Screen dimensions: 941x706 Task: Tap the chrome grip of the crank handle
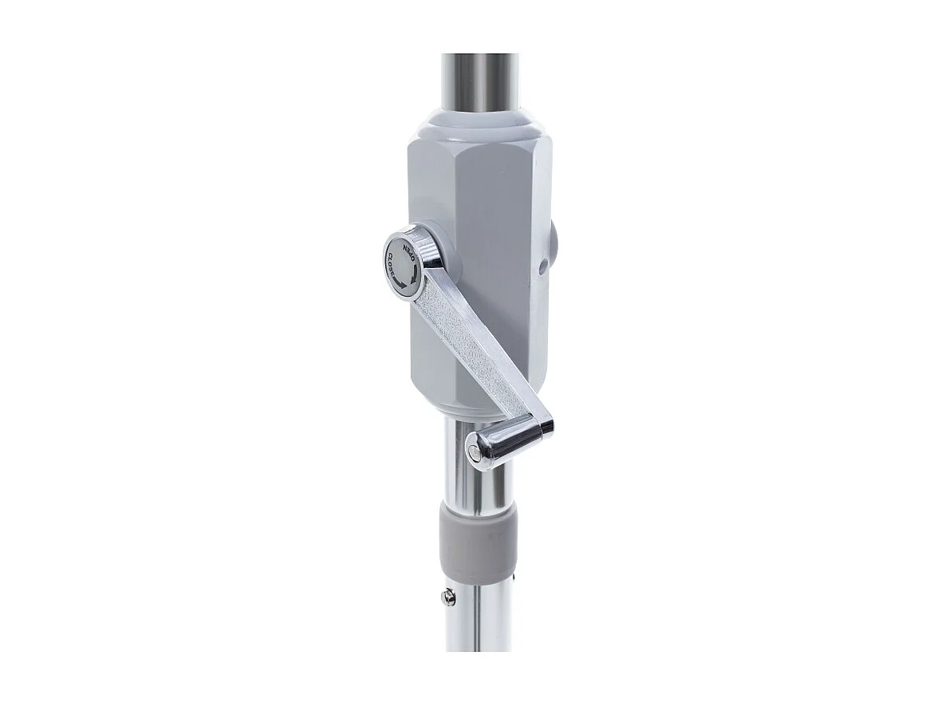[498, 444]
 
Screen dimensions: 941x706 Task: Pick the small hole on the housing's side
[542, 266]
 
